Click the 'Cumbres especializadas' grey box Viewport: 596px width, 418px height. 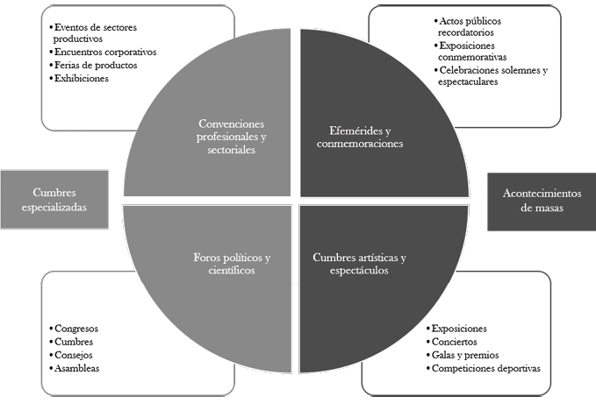(x=54, y=200)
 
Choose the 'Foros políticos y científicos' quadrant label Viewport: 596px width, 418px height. (x=232, y=264)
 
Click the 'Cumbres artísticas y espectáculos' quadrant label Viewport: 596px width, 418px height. (x=360, y=264)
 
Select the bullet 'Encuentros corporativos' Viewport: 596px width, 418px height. (x=104, y=52)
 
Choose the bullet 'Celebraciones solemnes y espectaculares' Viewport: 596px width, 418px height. (x=492, y=75)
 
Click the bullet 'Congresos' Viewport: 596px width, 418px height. (x=75, y=329)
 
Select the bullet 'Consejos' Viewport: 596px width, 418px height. (x=74, y=355)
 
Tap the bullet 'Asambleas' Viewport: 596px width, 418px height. (x=76, y=368)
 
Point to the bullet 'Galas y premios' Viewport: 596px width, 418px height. (x=465, y=355)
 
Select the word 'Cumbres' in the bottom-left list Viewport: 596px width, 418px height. (x=74, y=342)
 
